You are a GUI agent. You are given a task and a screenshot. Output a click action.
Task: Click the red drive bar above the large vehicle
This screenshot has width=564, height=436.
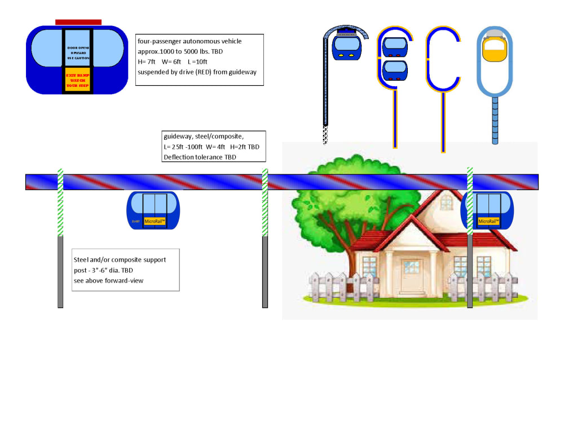[78, 22]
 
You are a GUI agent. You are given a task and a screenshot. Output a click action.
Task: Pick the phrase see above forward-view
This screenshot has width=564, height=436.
[109, 280]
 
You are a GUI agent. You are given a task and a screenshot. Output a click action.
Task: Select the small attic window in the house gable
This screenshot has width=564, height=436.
[446, 201]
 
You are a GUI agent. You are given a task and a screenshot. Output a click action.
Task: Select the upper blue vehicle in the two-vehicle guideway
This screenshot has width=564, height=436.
[395, 46]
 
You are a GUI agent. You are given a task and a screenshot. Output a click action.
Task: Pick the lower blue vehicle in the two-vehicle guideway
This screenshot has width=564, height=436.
[395, 71]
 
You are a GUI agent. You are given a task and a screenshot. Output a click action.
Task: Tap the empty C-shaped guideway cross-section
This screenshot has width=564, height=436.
[443, 59]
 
